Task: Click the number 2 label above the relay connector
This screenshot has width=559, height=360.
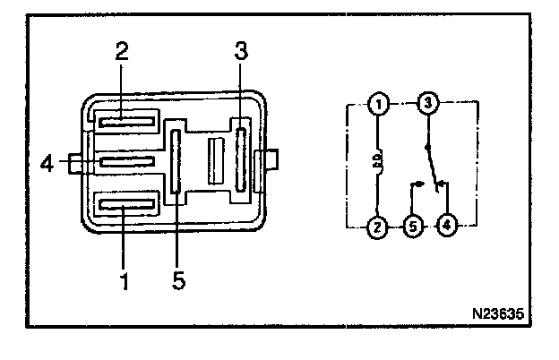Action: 122,50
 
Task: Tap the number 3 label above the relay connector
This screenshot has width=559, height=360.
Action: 240,50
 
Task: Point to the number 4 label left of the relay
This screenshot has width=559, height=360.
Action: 48,163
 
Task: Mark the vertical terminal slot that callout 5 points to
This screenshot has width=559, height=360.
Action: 176,161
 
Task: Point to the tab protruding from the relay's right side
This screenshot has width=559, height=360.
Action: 269,162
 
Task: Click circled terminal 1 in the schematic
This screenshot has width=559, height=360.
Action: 378,106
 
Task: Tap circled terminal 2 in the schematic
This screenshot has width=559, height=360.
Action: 378,227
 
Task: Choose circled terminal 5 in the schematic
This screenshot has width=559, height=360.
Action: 411,227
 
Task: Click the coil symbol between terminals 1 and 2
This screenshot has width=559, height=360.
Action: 379,165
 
